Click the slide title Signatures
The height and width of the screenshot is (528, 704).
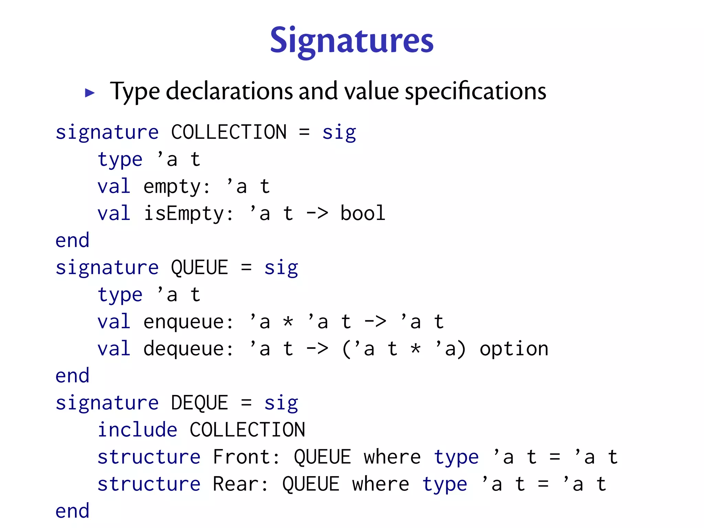tap(352, 41)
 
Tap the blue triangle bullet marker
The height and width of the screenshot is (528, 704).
tap(90, 93)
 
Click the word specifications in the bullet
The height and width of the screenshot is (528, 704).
tap(475, 91)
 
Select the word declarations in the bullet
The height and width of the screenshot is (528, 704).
tap(229, 91)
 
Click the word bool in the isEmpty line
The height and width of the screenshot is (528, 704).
tap(362, 213)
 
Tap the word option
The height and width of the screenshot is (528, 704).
tap(514, 349)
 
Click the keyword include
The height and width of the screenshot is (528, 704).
tap(137, 430)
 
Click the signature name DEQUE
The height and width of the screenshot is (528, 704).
tap(199, 403)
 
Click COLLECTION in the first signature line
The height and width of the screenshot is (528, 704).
tap(229, 132)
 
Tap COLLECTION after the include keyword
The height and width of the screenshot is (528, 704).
tap(247, 430)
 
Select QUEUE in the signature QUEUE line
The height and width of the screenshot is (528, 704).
tap(199, 267)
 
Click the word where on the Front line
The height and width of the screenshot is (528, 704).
tap(392, 457)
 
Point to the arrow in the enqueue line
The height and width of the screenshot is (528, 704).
tap(375, 322)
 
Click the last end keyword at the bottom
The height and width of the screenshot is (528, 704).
tap(73, 511)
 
